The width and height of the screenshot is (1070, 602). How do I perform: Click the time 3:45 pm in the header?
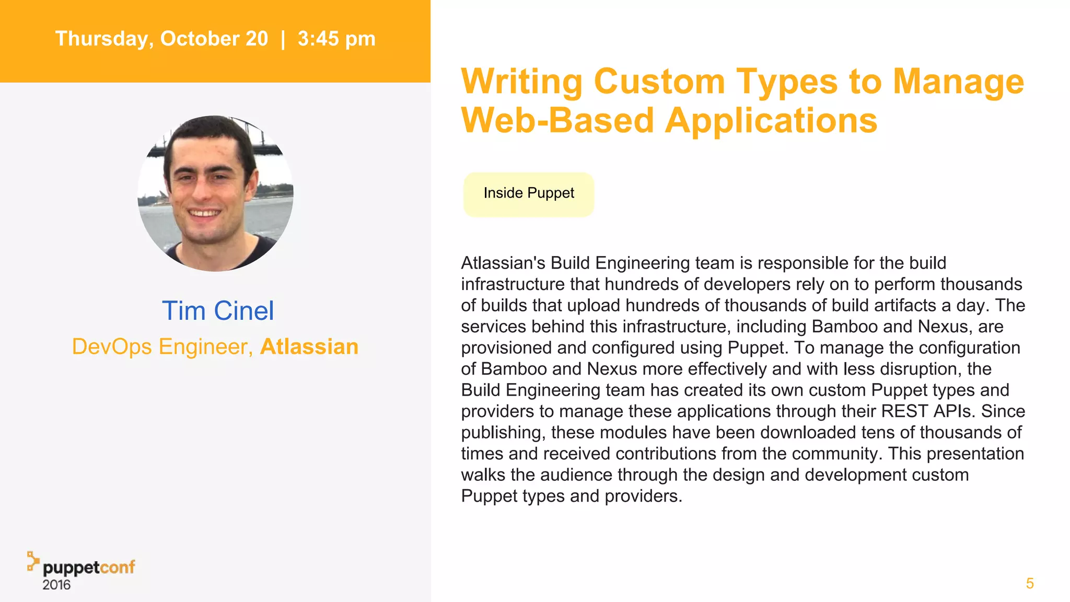[x=336, y=39]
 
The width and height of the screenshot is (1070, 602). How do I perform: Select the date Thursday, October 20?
[x=161, y=39]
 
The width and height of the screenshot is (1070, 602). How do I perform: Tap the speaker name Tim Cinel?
[x=217, y=311]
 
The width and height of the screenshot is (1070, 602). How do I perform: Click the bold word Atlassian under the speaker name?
[x=309, y=346]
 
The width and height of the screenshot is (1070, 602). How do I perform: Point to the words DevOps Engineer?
[x=162, y=346]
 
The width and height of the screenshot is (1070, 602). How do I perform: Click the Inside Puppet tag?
[x=529, y=193]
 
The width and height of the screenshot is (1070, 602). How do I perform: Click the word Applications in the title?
[x=771, y=121]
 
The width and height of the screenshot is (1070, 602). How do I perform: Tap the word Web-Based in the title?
[x=557, y=121]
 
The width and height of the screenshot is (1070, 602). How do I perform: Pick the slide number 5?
[x=1030, y=583]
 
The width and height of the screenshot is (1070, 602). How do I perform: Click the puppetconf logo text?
[x=89, y=568]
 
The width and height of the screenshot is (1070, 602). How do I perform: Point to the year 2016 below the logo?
[x=56, y=585]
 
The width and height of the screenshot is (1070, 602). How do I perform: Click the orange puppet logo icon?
[x=33, y=561]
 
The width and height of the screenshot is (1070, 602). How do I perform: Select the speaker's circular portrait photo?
[x=215, y=193]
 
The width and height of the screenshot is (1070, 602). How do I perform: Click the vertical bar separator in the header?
[x=283, y=39]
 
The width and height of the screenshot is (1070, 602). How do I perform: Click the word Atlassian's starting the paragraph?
[x=503, y=263]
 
